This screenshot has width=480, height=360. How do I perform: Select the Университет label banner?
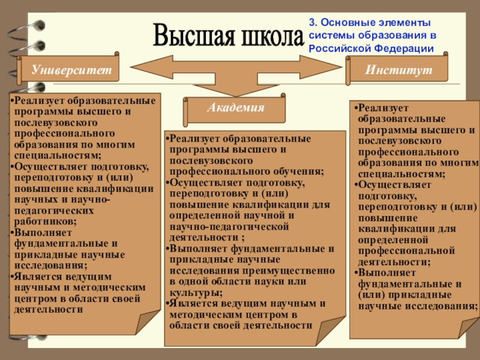(72, 70)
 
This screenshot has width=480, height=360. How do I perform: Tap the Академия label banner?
(236, 108)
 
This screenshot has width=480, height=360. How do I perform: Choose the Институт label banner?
(398, 70)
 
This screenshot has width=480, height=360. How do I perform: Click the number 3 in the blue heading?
(311, 23)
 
